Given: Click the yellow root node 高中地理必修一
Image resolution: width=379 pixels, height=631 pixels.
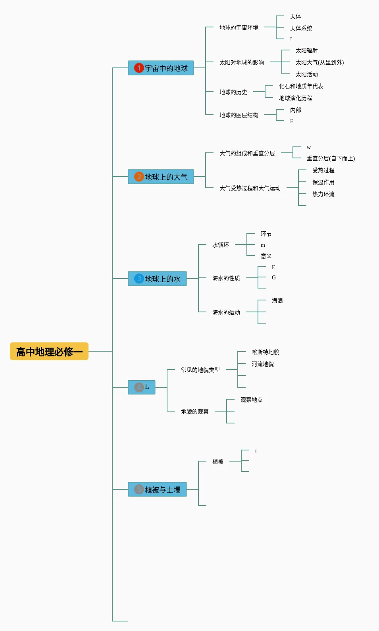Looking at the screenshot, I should pos(49,351).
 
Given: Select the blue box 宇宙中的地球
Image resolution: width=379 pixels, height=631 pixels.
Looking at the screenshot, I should pos(161,68).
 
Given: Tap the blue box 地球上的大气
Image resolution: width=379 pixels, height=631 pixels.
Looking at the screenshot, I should pos(161,177).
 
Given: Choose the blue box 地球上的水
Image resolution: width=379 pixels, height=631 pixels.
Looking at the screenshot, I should pos(157,279).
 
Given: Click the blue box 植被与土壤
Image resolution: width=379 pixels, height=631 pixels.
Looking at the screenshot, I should pos(157,489).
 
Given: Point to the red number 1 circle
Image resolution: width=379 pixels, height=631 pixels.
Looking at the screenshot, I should pos(139,68).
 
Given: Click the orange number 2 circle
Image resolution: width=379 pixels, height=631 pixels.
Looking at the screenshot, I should pos(139,177).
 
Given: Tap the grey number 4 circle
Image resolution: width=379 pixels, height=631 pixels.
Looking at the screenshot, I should pos(139,387).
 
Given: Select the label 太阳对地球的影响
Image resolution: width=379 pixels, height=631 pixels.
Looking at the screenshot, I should pos(241,62).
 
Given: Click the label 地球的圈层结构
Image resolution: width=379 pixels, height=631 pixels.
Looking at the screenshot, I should pos(239,115).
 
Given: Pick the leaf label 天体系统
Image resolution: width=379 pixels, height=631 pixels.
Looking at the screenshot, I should pos(301,28).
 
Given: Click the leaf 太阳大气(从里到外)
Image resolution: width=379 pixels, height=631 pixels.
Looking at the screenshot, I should pos(319,62).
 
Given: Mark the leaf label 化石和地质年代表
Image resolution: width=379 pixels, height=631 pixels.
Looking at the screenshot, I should pos(301,86).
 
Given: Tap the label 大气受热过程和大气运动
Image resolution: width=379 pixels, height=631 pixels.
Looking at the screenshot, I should pos(250,188).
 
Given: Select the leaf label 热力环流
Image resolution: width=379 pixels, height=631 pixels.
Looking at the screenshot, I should pos(323,194).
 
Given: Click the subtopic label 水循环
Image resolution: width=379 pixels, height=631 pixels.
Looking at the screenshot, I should pos(220,245).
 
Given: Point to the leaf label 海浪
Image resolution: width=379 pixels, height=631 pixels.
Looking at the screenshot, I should pos(277,300).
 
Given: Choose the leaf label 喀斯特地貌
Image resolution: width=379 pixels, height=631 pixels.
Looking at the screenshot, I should pos(265,352).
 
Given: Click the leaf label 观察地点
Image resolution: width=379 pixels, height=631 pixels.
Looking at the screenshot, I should pos(251,400).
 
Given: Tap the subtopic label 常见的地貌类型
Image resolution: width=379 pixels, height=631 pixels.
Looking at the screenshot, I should pos(200,370).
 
